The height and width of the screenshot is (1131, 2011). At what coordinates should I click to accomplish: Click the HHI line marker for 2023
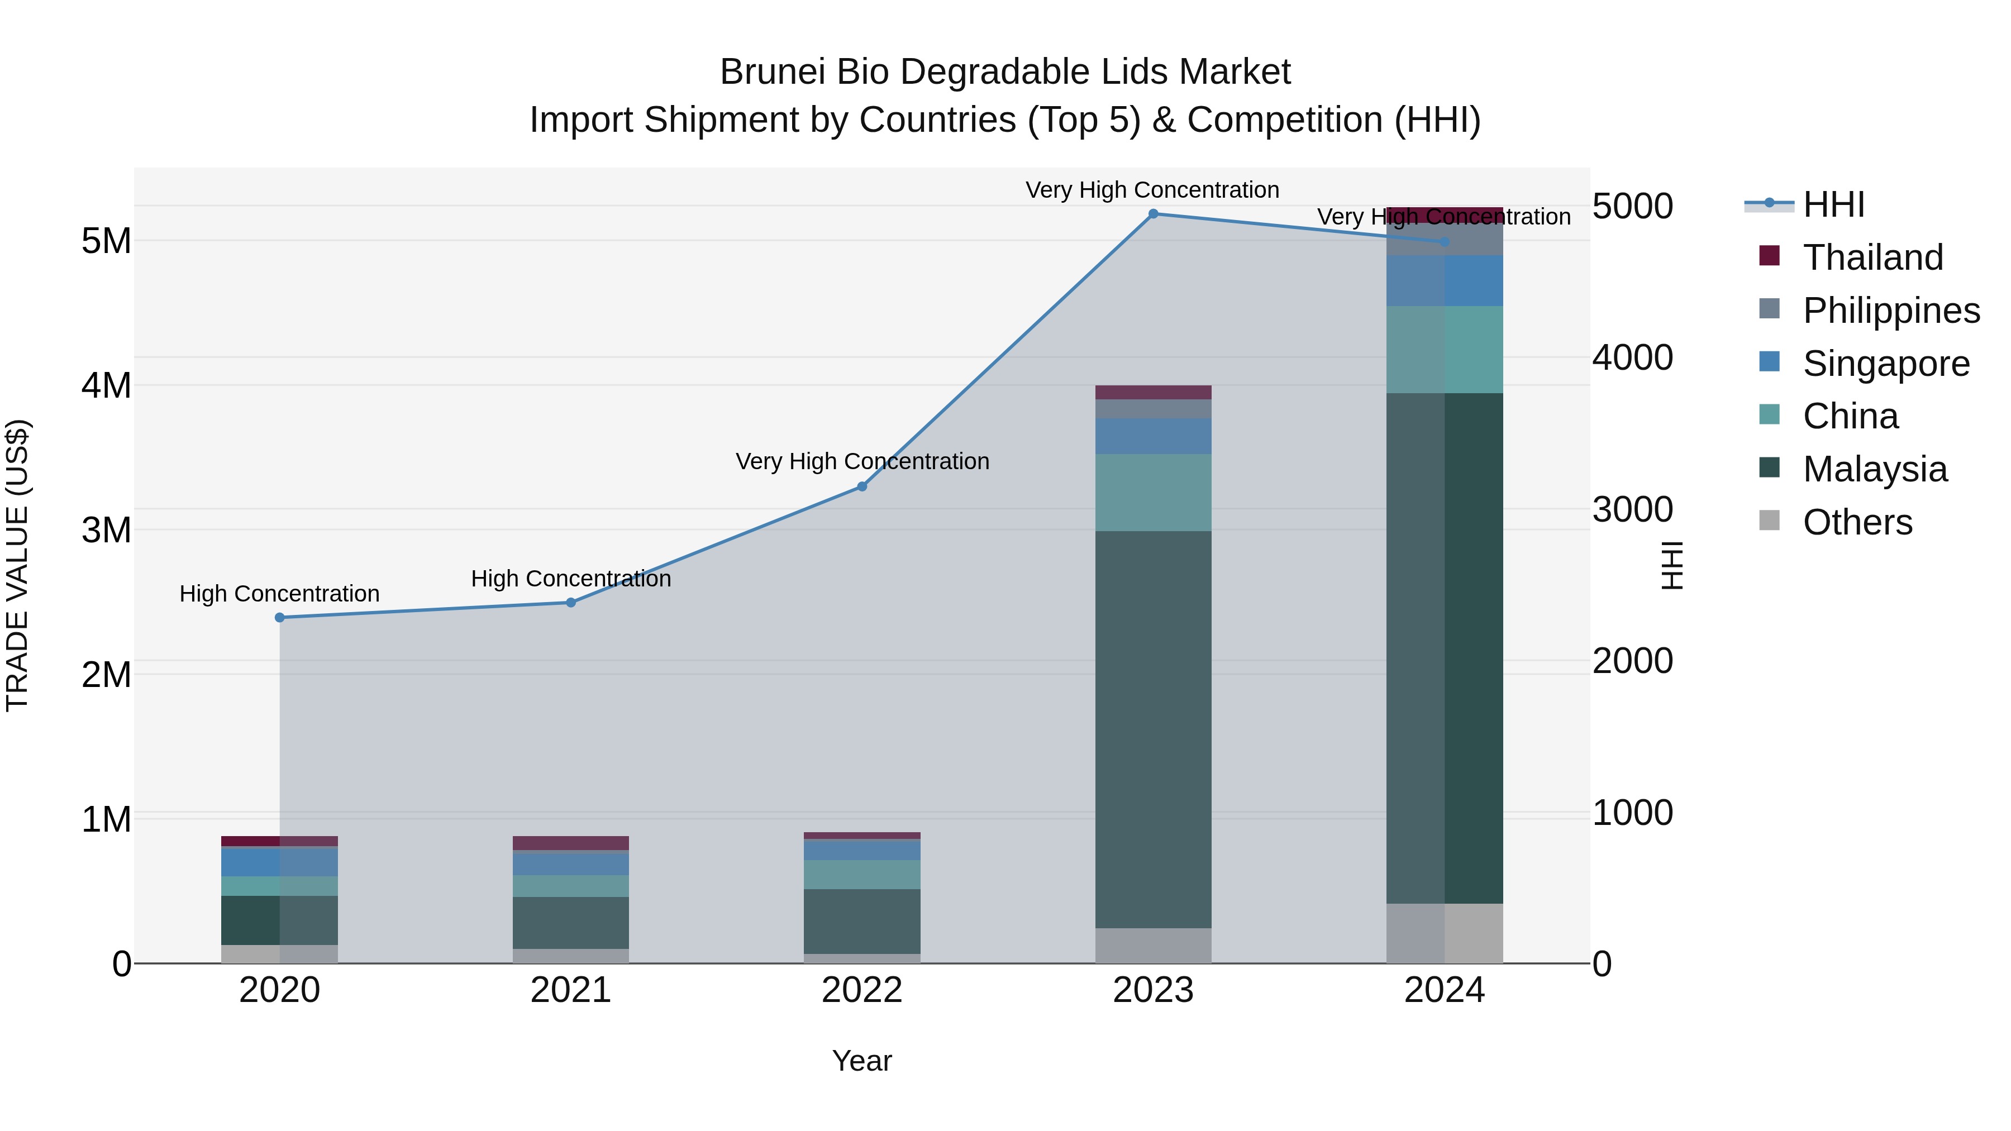pos(1153,214)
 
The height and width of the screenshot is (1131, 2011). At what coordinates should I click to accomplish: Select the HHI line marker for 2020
pos(279,617)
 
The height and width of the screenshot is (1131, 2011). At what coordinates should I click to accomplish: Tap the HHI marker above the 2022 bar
pos(862,486)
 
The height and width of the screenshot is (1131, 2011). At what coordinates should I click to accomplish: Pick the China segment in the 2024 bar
pos(1444,350)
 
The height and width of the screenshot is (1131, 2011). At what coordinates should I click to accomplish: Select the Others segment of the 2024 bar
pos(1444,933)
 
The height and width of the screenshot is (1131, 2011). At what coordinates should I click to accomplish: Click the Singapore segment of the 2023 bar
pos(1153,436)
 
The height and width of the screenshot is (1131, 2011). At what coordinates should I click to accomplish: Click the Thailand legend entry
pos(1872,257)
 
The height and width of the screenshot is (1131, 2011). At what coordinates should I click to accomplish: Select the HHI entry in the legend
pos(1833,204)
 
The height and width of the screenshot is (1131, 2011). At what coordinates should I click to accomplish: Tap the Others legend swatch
pos(1769,521)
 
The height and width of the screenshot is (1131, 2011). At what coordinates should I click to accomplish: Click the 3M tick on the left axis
pos(107,530)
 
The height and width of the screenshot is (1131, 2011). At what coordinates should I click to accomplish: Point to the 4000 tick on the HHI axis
pos(1632,357)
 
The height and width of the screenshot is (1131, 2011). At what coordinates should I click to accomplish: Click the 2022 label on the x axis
pos(862,990)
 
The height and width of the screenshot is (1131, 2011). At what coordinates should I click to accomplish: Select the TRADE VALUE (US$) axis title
pos(17,565)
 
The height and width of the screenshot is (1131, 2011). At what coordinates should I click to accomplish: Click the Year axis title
pos(862,1061)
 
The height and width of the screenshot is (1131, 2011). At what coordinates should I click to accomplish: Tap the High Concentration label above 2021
pos(571,579)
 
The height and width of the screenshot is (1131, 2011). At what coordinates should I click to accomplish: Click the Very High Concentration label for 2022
pos(862,461)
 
